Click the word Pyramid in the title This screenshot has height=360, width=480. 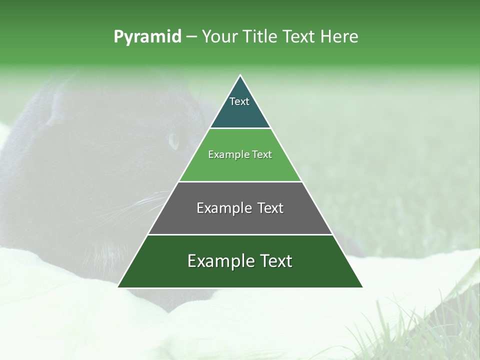pyautogui.click(x=147, y=37)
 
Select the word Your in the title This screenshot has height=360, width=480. pyautogui.click(x=219, y=37)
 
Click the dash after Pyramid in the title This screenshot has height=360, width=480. pyautogui.click(x=191, y=37)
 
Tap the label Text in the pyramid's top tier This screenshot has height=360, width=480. pyautogui.click(x=239, y=101)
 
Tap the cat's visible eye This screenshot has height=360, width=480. pyautogui.click(x=173, y=140)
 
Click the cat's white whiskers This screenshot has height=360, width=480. pyautogui.click(x=150, y=205)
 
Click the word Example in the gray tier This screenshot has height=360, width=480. pyautogui.click(x=222, y=208)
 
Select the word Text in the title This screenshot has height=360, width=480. pyautogui.click(x=300, y=37)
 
